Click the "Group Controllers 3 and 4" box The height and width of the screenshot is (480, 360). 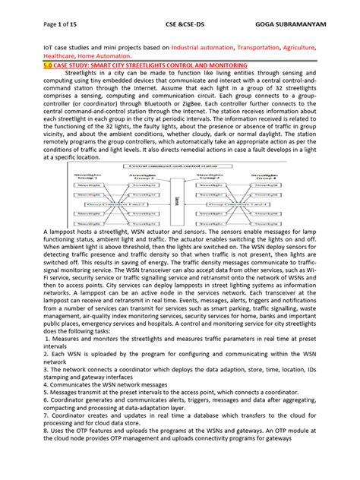point(241,205)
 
